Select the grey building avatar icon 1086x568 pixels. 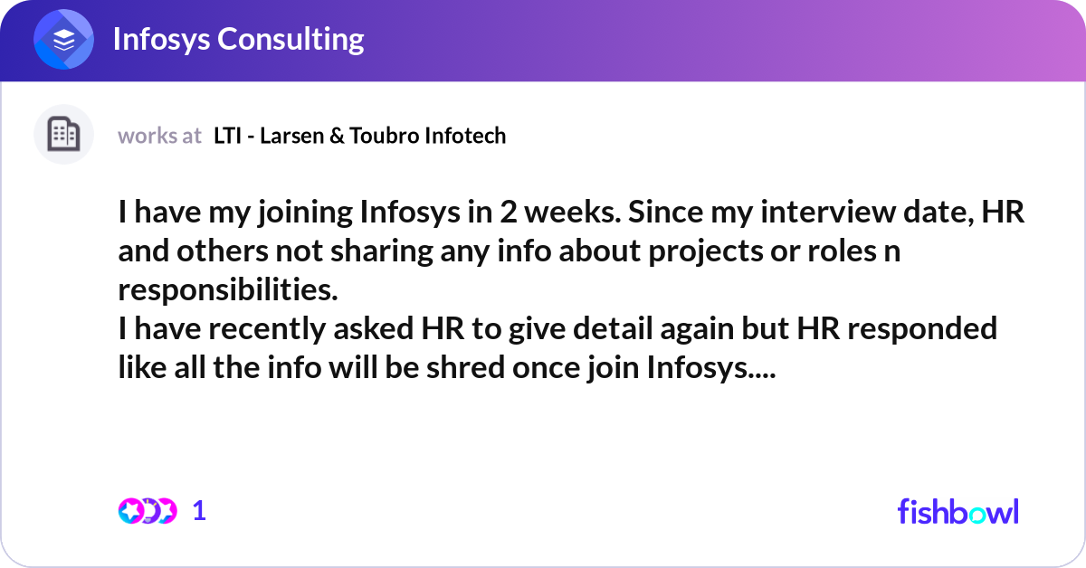click(x=63, y=135)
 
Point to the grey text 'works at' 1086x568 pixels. click(x=159, y=136)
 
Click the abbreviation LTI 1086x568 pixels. click(x=227, y=136)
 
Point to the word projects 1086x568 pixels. click(x=696, y=251)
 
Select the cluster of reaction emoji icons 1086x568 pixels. click(x=147, y=511)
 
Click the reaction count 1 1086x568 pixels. click(x=200, y=511)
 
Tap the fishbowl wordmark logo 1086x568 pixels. click(x=957, y=511)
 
